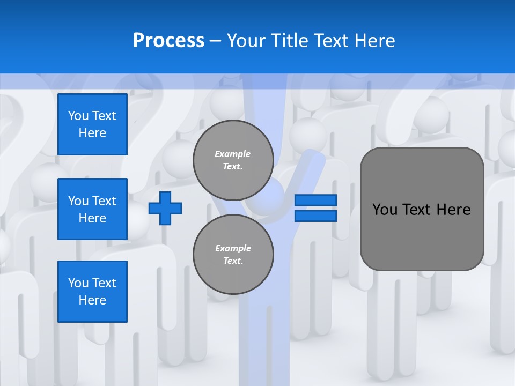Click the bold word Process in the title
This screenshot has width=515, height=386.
[x=168, y=40]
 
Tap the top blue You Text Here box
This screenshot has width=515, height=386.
[x=92, y=124]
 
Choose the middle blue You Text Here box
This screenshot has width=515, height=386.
[x=92, y=209]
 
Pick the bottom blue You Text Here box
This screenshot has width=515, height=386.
[x=92, y=292]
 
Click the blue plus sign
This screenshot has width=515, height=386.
[x=165, y=208]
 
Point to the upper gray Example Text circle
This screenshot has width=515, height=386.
[x=233, y=160]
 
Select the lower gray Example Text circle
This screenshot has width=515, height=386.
[x=233, y=255]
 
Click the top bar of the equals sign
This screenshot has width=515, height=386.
[x=315, y=201]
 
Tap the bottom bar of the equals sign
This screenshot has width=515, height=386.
[x=315, y=216]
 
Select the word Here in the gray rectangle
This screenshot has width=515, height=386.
[x=453, y=210]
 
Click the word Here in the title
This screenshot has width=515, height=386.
[x=374, y=41]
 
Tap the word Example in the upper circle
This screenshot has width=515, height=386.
[x=233, y=154]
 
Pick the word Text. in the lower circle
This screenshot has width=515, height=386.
[x=233, y=261]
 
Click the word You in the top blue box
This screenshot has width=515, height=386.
[x=78, y=116]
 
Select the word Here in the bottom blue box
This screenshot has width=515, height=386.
[x=92, y=300]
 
